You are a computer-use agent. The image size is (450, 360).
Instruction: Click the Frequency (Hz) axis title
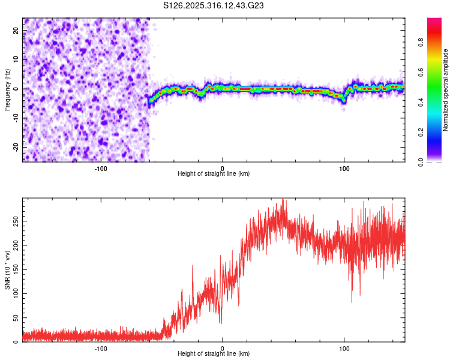(7, 90)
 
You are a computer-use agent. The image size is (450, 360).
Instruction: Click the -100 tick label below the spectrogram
(101, 168)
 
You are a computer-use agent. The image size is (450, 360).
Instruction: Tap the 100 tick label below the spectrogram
(344, 168)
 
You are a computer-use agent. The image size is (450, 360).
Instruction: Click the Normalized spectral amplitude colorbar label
(446, 90)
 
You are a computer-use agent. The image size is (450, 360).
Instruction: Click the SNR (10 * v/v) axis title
(7, 270)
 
